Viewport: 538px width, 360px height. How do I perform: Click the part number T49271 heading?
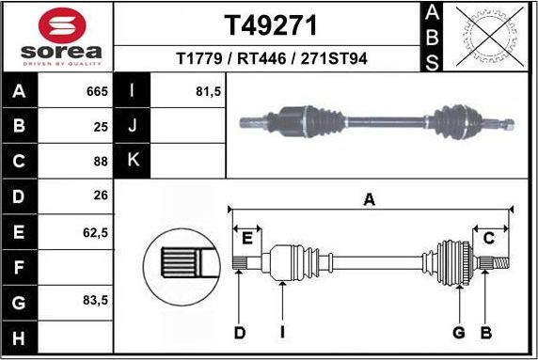click(272, 24)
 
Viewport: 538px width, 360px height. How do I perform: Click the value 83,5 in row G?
click(95, 303)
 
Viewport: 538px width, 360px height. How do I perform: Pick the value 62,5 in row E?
click(95, 231)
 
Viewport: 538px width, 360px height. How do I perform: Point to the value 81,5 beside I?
click(207, 92)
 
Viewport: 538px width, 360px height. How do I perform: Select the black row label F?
click(20, 268)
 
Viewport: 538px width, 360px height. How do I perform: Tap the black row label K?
click(133, 160)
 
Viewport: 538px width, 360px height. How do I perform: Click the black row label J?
click(133, 126)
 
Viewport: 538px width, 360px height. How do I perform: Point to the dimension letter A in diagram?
click(370, 198)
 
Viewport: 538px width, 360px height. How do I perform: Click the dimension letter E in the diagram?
click(248, 238)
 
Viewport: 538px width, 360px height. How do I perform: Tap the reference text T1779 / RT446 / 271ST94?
click(272, 59)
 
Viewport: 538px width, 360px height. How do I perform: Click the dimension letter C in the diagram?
click(489, 238)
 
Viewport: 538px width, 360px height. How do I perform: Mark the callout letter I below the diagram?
click(282, 331)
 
